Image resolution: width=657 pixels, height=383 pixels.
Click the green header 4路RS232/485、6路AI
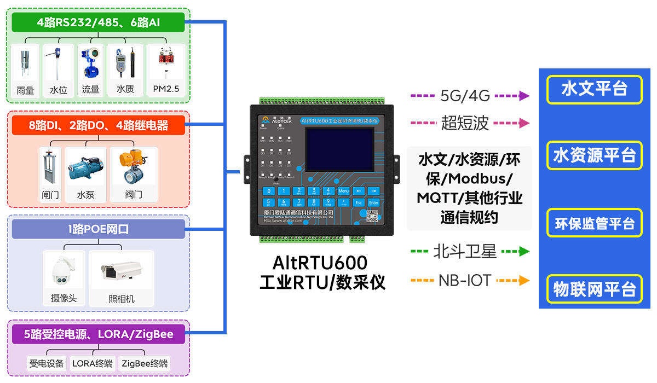[99, 22]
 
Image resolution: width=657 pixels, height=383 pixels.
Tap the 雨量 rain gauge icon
[25, 66]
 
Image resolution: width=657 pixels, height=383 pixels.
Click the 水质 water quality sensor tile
[125, 70]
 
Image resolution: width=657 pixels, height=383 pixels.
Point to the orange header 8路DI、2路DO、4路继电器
[99, 125]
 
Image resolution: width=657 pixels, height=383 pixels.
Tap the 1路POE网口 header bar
[99, 229]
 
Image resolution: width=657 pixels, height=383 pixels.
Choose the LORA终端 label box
[93, 363]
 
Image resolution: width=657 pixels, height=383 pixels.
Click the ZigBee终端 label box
[145, 363]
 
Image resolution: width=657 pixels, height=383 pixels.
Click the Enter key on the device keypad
[373, 202]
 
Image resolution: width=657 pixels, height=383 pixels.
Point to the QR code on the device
[372, 217]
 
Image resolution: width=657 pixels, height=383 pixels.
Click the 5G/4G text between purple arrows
[465, 96]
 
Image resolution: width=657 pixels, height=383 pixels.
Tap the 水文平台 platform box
[594, 89]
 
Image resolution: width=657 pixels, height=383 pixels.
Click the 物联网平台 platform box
[594, 289]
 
